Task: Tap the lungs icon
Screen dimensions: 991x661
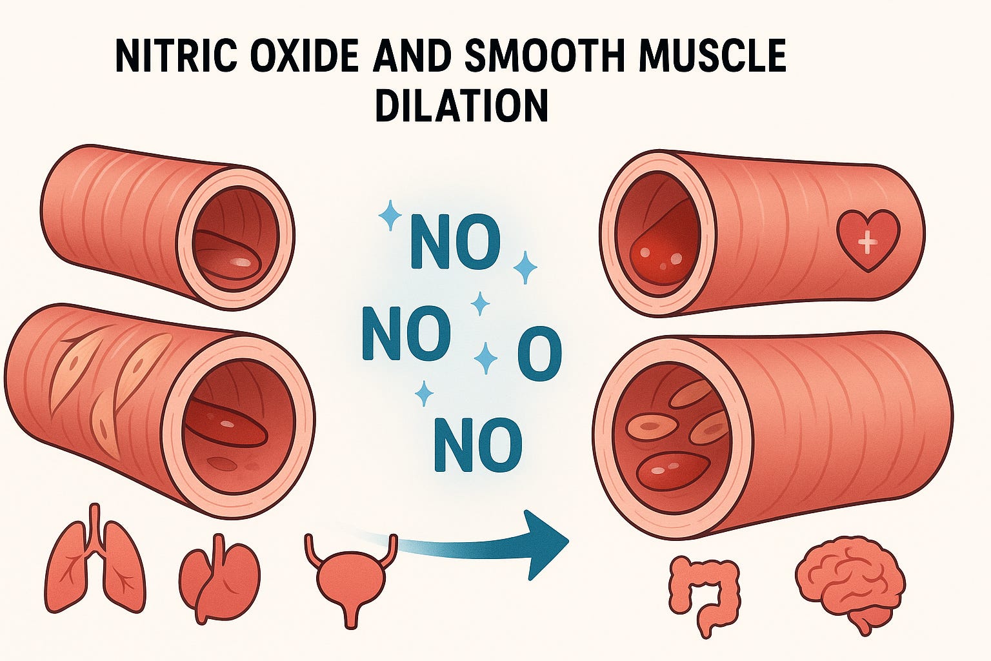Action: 95,561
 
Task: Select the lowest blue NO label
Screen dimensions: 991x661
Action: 477,445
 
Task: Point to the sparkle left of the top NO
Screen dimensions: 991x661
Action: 390,215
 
